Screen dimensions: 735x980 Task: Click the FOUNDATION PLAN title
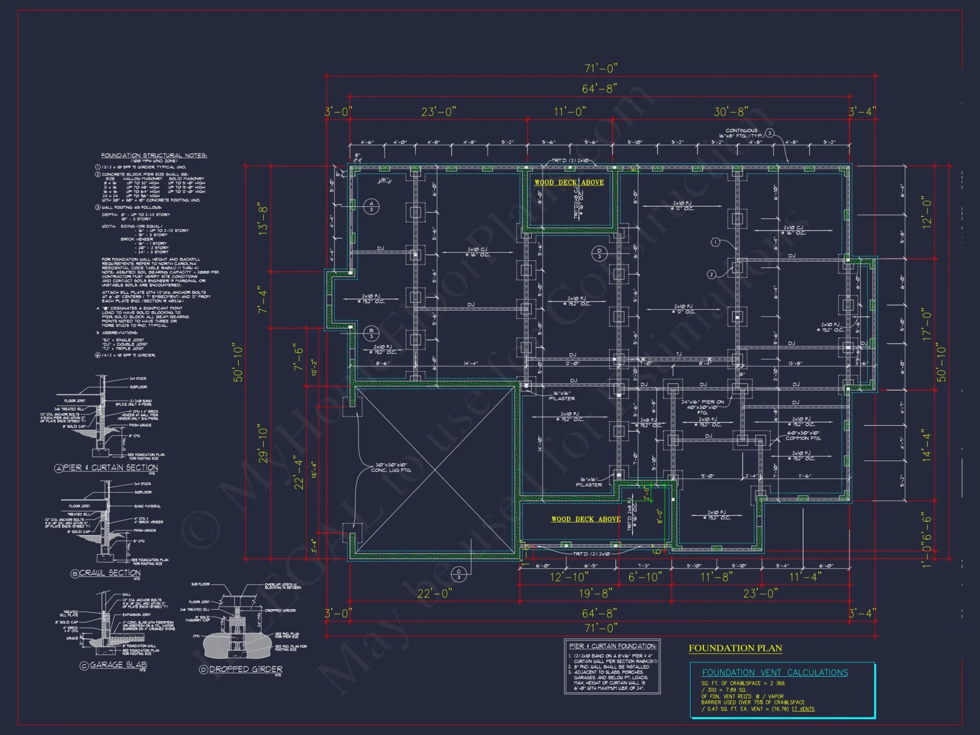[x=735, y=648]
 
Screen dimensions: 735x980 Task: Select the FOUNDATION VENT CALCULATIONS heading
[x=775, y=673]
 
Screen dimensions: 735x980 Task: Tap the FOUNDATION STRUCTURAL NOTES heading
[x=154, y=155]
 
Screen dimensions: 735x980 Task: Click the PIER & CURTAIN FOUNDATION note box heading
[x=612, y=646]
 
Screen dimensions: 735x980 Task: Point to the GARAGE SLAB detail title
[x=118, y=665]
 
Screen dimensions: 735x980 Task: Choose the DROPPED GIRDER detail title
[x=245, y=669]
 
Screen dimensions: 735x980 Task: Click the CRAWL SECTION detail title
[x=110, y=573]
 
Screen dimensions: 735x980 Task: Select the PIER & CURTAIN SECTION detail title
[x=110, y=467]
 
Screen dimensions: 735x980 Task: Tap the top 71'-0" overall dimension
[x=601, y=68]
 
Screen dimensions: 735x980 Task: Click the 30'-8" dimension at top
[x=731, y=112]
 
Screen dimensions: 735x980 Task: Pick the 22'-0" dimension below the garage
[x=434, y=593]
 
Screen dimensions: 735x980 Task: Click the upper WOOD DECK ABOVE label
[x=569, y=182]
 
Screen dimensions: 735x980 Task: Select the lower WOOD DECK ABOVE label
[x=586, y=519]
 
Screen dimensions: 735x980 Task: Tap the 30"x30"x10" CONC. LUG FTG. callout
[x=391, y=467]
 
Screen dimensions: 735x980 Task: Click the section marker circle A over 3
[x=371, y=206]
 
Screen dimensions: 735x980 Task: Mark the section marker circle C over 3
[x=459, y=574]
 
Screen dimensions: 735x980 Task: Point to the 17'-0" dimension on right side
[x=926, y=324]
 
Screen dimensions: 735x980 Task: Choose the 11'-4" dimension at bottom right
[x=805, y=577]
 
